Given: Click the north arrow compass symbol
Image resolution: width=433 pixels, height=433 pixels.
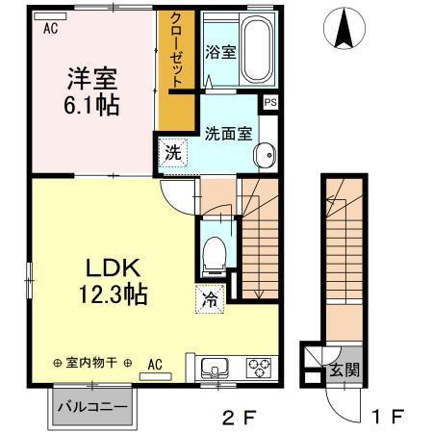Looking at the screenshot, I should (x=344, y=28).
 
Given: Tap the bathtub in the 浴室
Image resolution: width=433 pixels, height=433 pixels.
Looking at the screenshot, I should (x=257, y=50).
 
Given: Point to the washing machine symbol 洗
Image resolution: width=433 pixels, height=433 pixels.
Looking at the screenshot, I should (x=171, y=152).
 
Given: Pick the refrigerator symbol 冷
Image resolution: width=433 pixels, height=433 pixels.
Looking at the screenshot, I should (x=209, y=299).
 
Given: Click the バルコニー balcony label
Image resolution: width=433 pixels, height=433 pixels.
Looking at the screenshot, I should (x=93, y=406).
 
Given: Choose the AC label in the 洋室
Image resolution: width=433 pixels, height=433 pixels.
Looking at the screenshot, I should (x=50, y=28).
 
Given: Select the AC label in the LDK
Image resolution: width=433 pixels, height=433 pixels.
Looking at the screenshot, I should (x=155, y=364).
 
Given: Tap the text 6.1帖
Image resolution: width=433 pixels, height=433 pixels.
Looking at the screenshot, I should (x=93, y=103).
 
